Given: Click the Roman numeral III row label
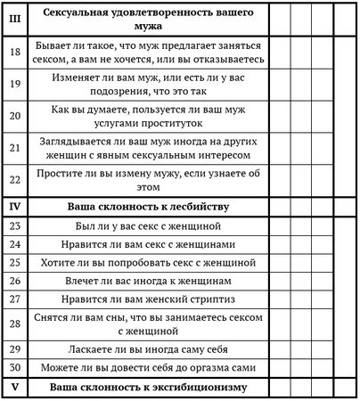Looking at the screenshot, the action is [14, 19].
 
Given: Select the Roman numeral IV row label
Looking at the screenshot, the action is [14, 207].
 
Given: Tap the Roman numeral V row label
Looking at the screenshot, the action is [14, 388].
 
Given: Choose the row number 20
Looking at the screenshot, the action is [14, 116].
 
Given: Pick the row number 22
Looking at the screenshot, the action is [14, 180].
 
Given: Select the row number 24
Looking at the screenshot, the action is [14, 244].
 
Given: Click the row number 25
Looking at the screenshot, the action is [14, 263].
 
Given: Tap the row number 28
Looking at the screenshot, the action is [14, 324].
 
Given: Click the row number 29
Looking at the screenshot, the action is [14, 350].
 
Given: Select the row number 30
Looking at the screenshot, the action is [14, 369].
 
